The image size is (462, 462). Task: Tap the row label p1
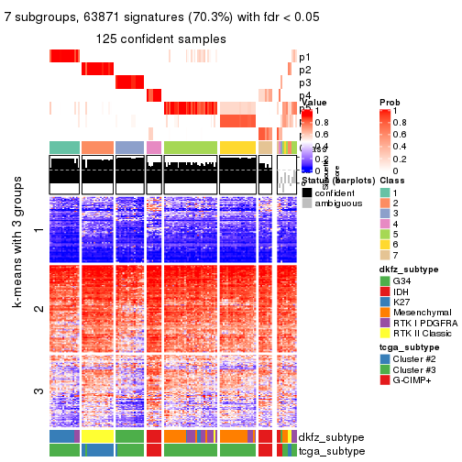tap(304, 57)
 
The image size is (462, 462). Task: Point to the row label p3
tap(304, 82)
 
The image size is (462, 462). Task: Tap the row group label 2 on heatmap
tap(37, 309)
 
